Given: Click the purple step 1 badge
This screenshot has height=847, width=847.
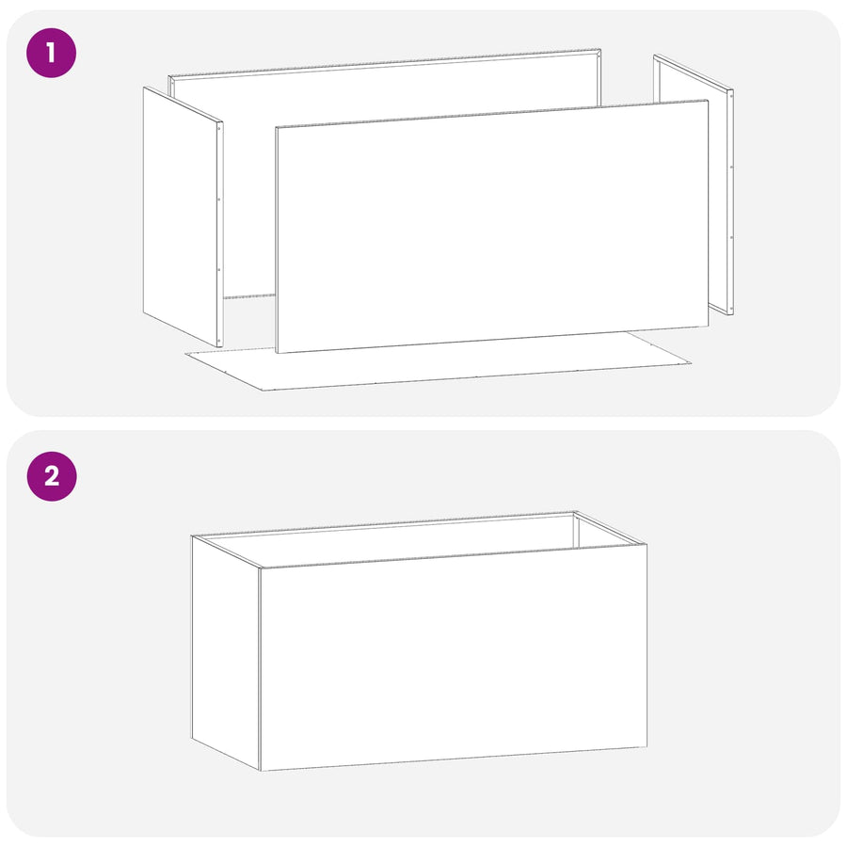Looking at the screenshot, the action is tap(52, 53).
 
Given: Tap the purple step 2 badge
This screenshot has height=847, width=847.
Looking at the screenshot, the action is tap(52, 476).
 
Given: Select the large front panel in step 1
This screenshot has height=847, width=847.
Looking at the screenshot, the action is tap(491, 227).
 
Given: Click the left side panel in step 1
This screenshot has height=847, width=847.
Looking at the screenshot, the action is tap(184, 216).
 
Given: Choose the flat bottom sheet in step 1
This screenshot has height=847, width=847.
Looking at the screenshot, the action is tap(438, 363).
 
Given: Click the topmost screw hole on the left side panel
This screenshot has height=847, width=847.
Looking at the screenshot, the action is tap(219, 128).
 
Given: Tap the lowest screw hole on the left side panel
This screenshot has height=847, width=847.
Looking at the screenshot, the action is tap(218, 341).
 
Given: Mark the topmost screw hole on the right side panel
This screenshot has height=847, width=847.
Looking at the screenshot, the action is tap(731, 98).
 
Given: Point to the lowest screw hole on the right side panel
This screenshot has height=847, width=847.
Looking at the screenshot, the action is tap(731, 307).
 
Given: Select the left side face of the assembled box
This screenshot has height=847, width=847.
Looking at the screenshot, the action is tap(226, 652).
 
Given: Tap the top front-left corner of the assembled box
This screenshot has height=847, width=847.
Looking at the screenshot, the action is tap(261, 567).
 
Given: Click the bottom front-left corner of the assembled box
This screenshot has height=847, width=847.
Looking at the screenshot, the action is tap(261, 771).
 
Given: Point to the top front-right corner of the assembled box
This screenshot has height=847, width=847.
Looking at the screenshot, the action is tap(647, 545).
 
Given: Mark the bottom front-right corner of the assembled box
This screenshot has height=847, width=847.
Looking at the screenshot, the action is tap(647, 747).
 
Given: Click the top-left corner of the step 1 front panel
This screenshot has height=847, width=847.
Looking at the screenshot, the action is tap(276, 128).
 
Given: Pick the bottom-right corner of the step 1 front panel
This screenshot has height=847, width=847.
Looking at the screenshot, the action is tap(708, 327).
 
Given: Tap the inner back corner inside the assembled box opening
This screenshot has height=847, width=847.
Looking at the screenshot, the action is tap(574, 515).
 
